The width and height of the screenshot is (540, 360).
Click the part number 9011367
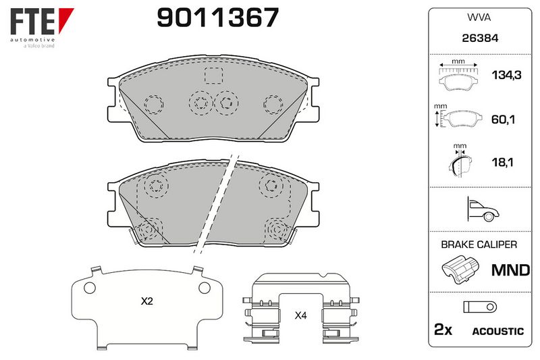217,18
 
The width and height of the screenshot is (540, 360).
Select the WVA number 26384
480,38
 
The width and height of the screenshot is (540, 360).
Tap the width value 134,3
506,75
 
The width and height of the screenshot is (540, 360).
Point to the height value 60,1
503,120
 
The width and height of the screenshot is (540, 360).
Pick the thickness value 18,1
502,162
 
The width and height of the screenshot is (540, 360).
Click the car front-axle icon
483,209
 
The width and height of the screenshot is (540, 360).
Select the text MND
510,270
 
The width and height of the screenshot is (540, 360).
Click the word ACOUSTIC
497,332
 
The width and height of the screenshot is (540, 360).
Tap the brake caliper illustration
460,269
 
